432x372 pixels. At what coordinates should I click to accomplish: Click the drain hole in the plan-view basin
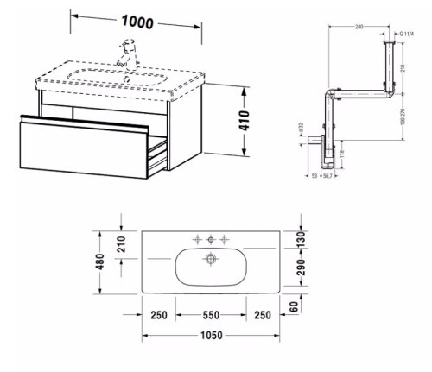click(x=210, y=258)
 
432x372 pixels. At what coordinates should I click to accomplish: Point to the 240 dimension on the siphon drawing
click(x=359, y=27)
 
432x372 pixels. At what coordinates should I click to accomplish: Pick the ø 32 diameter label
click(x=300, y=127)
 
